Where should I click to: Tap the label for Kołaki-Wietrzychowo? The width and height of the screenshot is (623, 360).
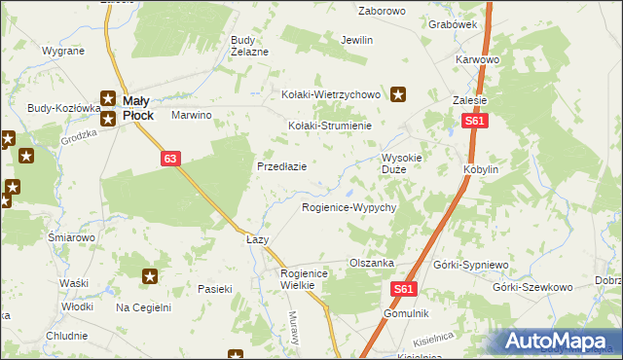point(329,94)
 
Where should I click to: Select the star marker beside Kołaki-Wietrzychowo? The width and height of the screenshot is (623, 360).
point(399,94)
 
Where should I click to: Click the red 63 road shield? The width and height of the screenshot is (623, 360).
point(171,158)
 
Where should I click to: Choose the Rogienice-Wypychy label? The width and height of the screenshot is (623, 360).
point(348,208)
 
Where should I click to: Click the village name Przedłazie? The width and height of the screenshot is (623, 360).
point(281,166)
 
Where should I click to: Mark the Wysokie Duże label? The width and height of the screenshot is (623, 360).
point(401,162)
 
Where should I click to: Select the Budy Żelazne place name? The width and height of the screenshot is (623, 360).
point(248,46)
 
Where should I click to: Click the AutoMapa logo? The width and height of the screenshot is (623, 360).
point(559,342)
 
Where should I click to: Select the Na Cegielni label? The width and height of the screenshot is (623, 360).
point(143,307)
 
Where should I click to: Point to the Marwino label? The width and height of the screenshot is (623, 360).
point(192,115)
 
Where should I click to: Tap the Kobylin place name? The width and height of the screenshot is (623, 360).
point(481,168)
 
